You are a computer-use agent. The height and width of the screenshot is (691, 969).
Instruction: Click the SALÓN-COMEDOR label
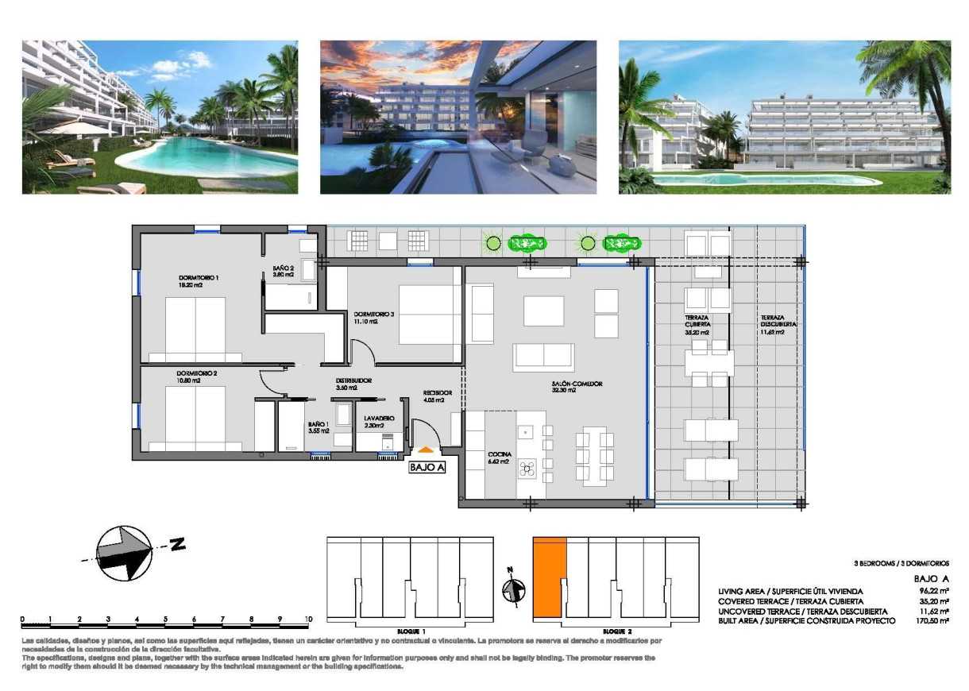(x=577, y=384)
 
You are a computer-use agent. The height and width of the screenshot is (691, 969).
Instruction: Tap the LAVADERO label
(x=379, y=418)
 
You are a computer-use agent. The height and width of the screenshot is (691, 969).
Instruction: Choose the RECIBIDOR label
(x=438, y=392)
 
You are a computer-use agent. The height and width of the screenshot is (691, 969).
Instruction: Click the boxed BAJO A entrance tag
(x=427, y=468)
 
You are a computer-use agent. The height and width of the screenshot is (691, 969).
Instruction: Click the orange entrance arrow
(x=427, y=450)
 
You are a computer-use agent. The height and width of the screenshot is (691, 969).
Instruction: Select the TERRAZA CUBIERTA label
(x=697, y=321)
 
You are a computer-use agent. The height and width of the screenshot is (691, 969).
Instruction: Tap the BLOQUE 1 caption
(x=414, y=630)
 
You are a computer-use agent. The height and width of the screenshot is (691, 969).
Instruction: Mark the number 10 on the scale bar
(x=308, y=619)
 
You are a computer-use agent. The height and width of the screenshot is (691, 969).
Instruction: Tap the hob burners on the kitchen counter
(x=527, y=469)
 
